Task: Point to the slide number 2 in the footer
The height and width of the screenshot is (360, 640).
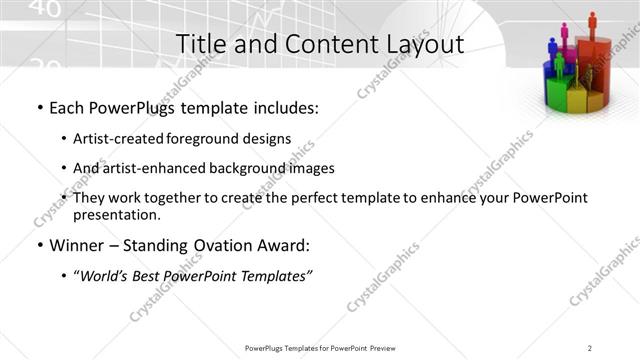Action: [x=589, y=348]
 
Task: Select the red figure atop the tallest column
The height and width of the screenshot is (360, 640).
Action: [x=592, y=21]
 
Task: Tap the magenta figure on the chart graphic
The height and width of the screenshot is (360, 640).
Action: [x=565, y=34]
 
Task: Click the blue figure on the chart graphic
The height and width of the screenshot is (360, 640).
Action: [x=552, y=47]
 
